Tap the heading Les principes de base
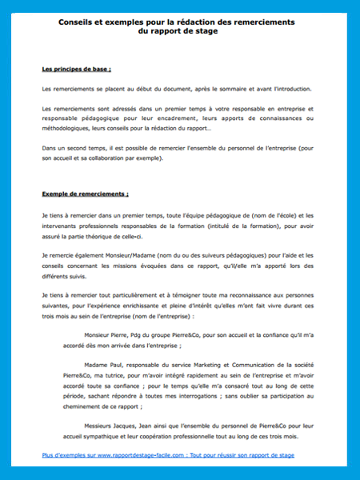pos(75,69)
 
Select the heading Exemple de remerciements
pos(85,194)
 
